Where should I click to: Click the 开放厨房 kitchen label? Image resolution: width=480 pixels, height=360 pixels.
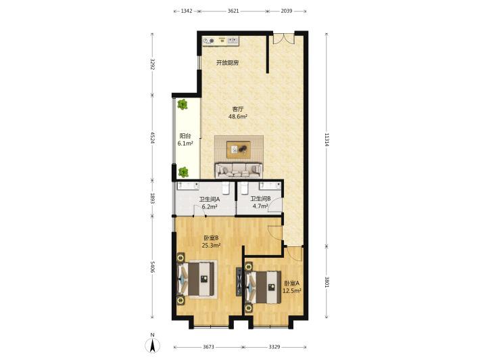click(227, 63)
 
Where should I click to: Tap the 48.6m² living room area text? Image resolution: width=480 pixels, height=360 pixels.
click(237, 116)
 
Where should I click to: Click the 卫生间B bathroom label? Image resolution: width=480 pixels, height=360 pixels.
click(260, 199)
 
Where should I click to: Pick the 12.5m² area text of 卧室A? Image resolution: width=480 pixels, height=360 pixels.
click(291, 290)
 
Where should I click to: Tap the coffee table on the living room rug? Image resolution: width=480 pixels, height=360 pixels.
click(237, 148)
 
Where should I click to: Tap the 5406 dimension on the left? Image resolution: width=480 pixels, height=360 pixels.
click(153, 269)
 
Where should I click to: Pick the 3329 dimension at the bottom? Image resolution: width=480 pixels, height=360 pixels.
click(274, 347)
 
